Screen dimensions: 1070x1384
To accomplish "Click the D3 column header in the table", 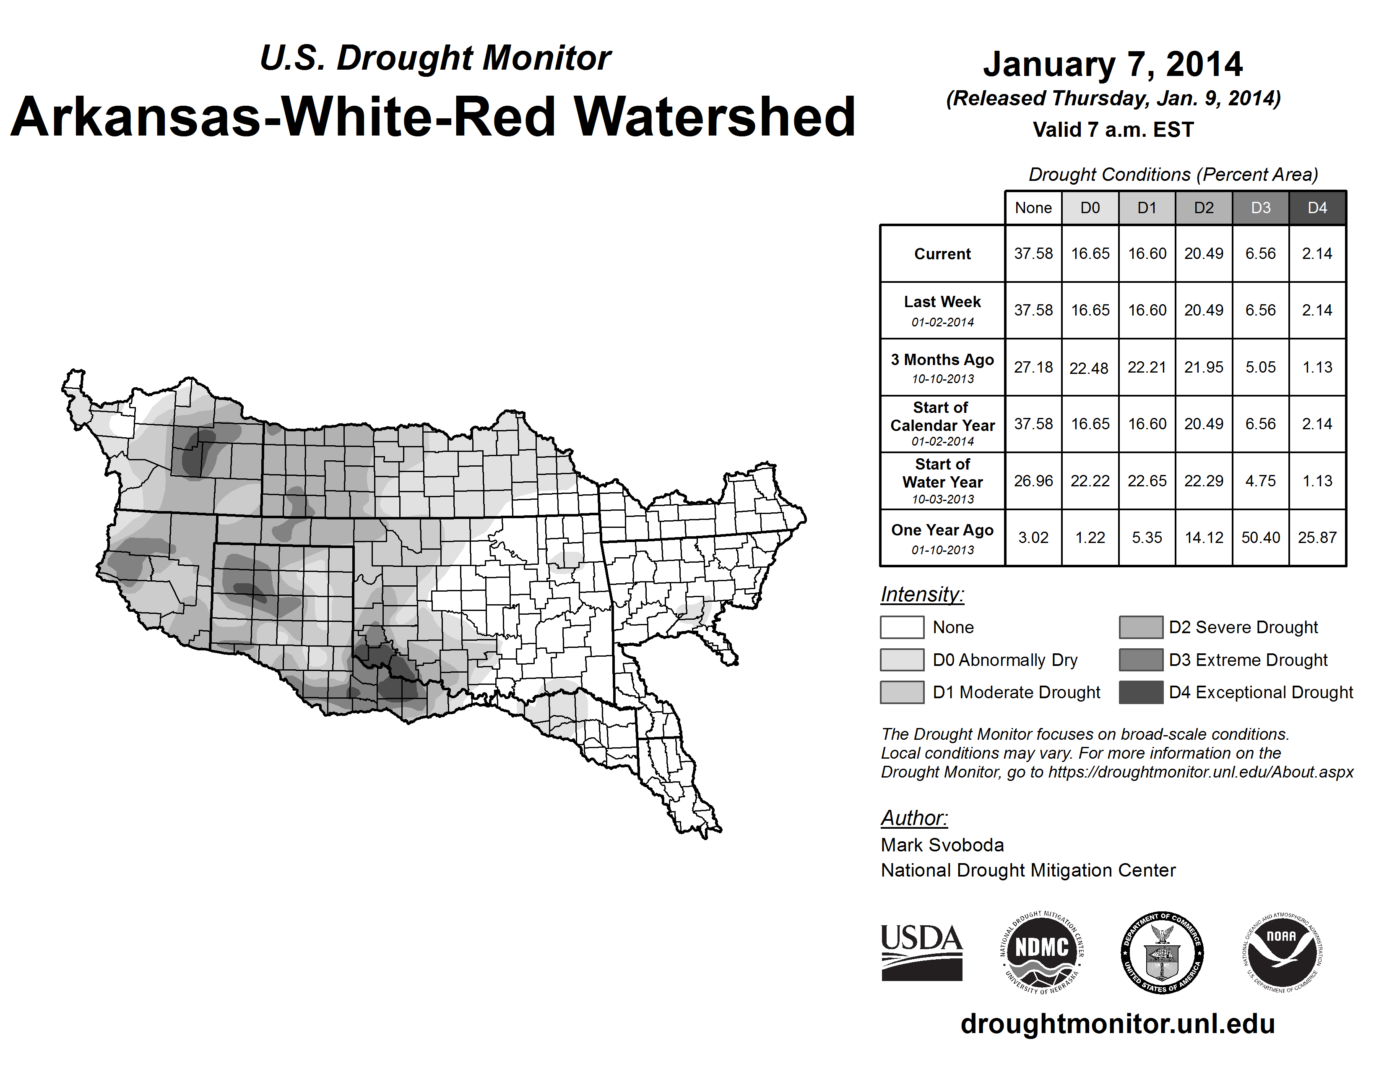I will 1260,208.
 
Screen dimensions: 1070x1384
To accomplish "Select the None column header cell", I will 1033,208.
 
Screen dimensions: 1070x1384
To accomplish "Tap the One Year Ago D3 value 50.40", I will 1260,538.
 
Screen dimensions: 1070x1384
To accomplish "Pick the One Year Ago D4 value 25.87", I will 1317,538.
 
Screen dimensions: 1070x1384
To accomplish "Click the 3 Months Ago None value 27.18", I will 1033,367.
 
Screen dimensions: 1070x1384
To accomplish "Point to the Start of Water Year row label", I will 942,481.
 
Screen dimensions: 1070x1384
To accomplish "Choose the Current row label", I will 942,253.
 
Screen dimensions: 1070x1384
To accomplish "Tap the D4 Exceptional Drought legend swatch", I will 1141,692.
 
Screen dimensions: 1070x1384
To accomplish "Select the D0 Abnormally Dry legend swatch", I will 902,659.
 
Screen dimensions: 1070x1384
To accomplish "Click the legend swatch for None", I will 902,627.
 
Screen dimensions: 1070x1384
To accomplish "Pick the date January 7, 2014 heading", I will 1113,65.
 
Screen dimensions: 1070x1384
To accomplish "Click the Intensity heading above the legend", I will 922,595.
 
